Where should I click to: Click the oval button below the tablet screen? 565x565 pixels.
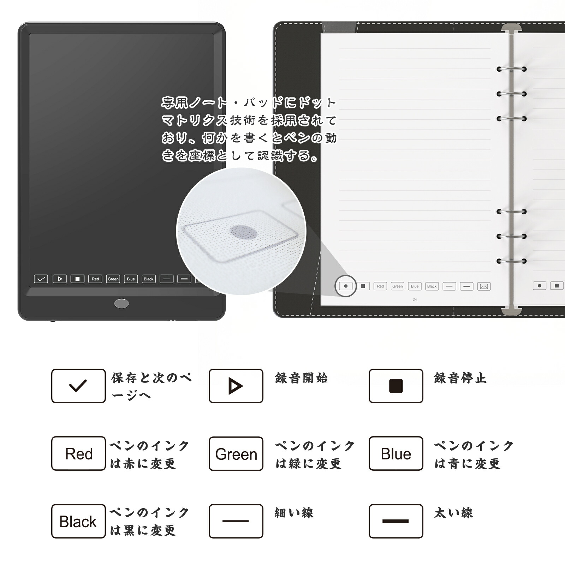(121, 303)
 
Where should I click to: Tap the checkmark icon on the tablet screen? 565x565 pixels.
(41, 279)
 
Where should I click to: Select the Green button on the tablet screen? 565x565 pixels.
(113, 279)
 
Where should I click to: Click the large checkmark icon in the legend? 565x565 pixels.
(78, 386)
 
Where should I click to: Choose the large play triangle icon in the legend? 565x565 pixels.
(236, 386)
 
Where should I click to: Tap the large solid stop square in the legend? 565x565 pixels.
(396, 386)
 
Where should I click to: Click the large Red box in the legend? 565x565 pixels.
(78, 453)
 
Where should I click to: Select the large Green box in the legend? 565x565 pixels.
(236, 454)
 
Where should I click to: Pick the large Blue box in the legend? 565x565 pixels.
(396, 453)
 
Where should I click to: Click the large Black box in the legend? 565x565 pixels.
(78, 521)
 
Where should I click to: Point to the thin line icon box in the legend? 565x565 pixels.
(236, 521)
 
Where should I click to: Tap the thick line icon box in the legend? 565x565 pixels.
(396, 521)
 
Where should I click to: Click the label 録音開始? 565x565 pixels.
(301, 378)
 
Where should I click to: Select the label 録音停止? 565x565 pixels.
(460, 378)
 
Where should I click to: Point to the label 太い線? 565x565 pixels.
(453, 513)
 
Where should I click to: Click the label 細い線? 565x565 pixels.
(294, 513)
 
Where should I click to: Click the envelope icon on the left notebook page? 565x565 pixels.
(484, 286)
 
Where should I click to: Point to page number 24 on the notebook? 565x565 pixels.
(415, 299)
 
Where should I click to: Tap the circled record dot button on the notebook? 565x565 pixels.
(346, 286)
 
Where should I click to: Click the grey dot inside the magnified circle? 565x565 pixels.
(243, 232)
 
